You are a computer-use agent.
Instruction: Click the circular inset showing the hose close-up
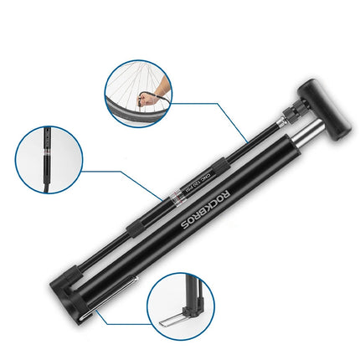47,162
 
